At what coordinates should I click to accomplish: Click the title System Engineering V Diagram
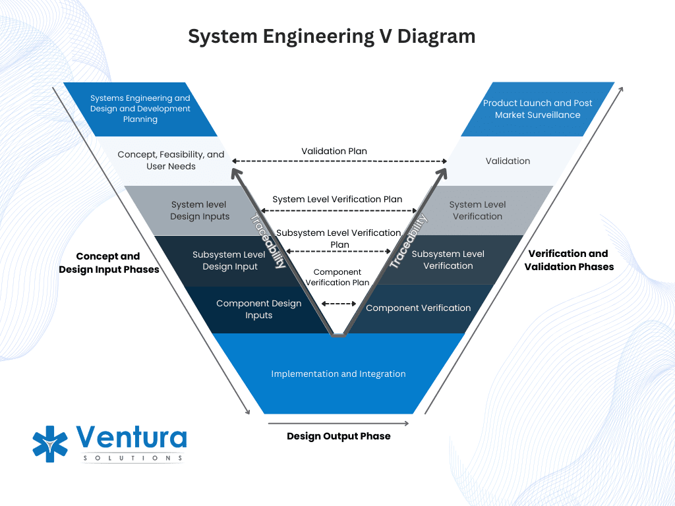point(332,36)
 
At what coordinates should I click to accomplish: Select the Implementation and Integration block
point(338,374)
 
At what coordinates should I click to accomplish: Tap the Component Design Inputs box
point(258,310)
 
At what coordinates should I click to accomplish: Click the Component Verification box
point(418,308)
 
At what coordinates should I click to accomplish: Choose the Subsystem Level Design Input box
point(229,260)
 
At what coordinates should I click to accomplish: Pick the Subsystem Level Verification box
point(448,260)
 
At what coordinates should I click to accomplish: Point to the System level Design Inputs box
point(199,211)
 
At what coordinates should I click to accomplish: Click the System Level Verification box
point(477,211)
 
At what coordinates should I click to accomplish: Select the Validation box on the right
point(508,161)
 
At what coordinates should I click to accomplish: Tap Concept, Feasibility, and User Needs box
point(171,161)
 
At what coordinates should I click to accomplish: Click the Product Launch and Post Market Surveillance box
point(537,109)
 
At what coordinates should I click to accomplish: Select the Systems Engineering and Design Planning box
point(140,109)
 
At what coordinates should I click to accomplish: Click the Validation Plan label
point(334,151)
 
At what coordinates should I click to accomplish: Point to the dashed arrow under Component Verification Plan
point(338,304)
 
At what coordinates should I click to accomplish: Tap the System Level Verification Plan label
point(337,199)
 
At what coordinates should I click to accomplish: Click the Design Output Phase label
point(338,436)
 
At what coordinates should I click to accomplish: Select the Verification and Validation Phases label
point(568,260)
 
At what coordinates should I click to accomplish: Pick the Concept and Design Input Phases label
point(109,263)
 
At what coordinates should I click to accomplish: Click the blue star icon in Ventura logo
point(50,443)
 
